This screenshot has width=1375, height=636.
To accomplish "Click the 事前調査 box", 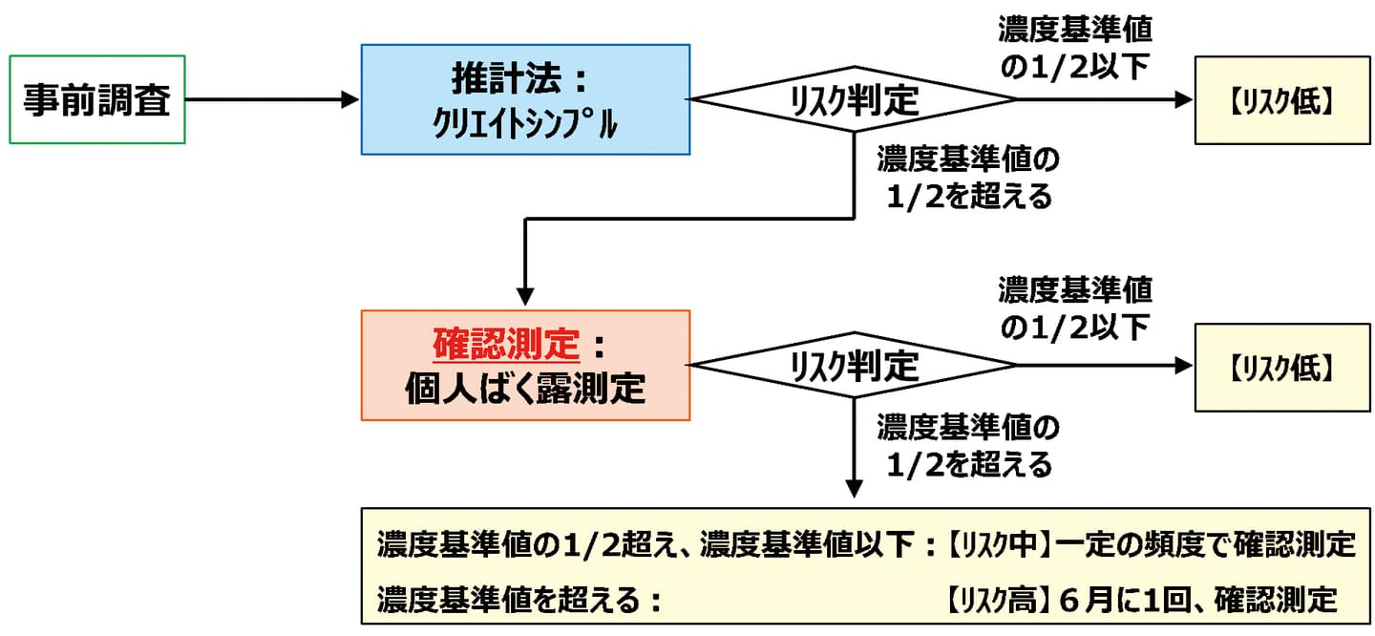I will [x=96, y=100].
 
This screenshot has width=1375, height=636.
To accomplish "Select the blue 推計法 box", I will [x=524, y=99].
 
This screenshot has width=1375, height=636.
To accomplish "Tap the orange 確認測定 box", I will [x=524, y=365].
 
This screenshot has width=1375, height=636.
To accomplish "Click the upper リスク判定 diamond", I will [x=854, y=99].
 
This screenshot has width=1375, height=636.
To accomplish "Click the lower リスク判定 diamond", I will [x=854, y=365].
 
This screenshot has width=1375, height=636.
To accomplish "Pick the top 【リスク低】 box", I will [x=1281, y=100].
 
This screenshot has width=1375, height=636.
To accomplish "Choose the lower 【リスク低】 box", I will [x=1281, y=365].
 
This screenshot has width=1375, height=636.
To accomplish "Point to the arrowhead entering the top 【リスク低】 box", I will [x=1185, y=99].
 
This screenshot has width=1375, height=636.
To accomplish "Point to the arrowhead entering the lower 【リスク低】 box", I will [x=1185, y=365].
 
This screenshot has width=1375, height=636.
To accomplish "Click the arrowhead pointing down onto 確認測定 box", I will [x=524, y=293].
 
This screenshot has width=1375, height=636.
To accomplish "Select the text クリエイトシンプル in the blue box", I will [x=524, y=122].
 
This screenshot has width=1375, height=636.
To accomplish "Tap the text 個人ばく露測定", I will [x=524, y=389].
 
